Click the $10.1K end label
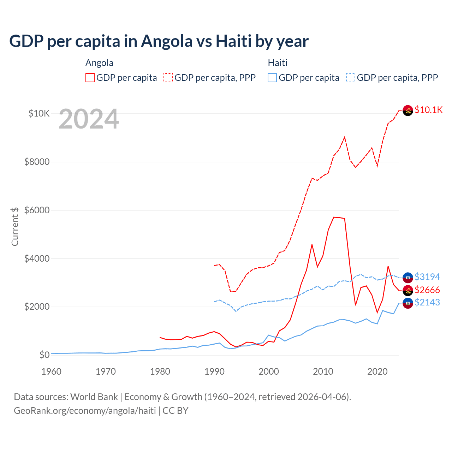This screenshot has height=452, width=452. [x=428, y=110]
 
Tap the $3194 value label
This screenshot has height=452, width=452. [x=427, y=277]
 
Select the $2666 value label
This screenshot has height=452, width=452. [x=427, y=290]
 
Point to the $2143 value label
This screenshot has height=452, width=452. [x=427, y=302]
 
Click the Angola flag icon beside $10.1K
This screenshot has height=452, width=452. [x=408, y=111]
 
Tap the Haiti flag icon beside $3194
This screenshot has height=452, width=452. [x=408, y=278]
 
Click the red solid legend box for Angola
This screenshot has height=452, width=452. [x=90, y=78]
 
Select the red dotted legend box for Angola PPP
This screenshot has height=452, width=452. [x=168, y=78]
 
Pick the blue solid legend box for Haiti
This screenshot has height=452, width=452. [x=272, y=78]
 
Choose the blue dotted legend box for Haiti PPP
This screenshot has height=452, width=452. [x=351, y=78]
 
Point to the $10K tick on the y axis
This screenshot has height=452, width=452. [x=39, y=114]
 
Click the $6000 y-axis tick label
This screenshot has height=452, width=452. [x=37, y=210]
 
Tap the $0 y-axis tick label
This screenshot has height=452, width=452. [x=44, y=355]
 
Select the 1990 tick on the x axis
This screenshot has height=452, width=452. [x=214, y=371]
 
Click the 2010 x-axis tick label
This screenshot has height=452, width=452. [x=323, y=371]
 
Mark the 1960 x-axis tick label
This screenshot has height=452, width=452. [x=52, y=371]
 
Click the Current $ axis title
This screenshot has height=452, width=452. [x=15, y=226]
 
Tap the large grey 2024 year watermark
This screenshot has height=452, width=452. [x=89, y=119]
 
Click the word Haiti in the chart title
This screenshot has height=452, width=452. [x=233, y=41]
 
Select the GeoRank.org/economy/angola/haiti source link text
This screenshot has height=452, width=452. [x=85, y=411]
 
